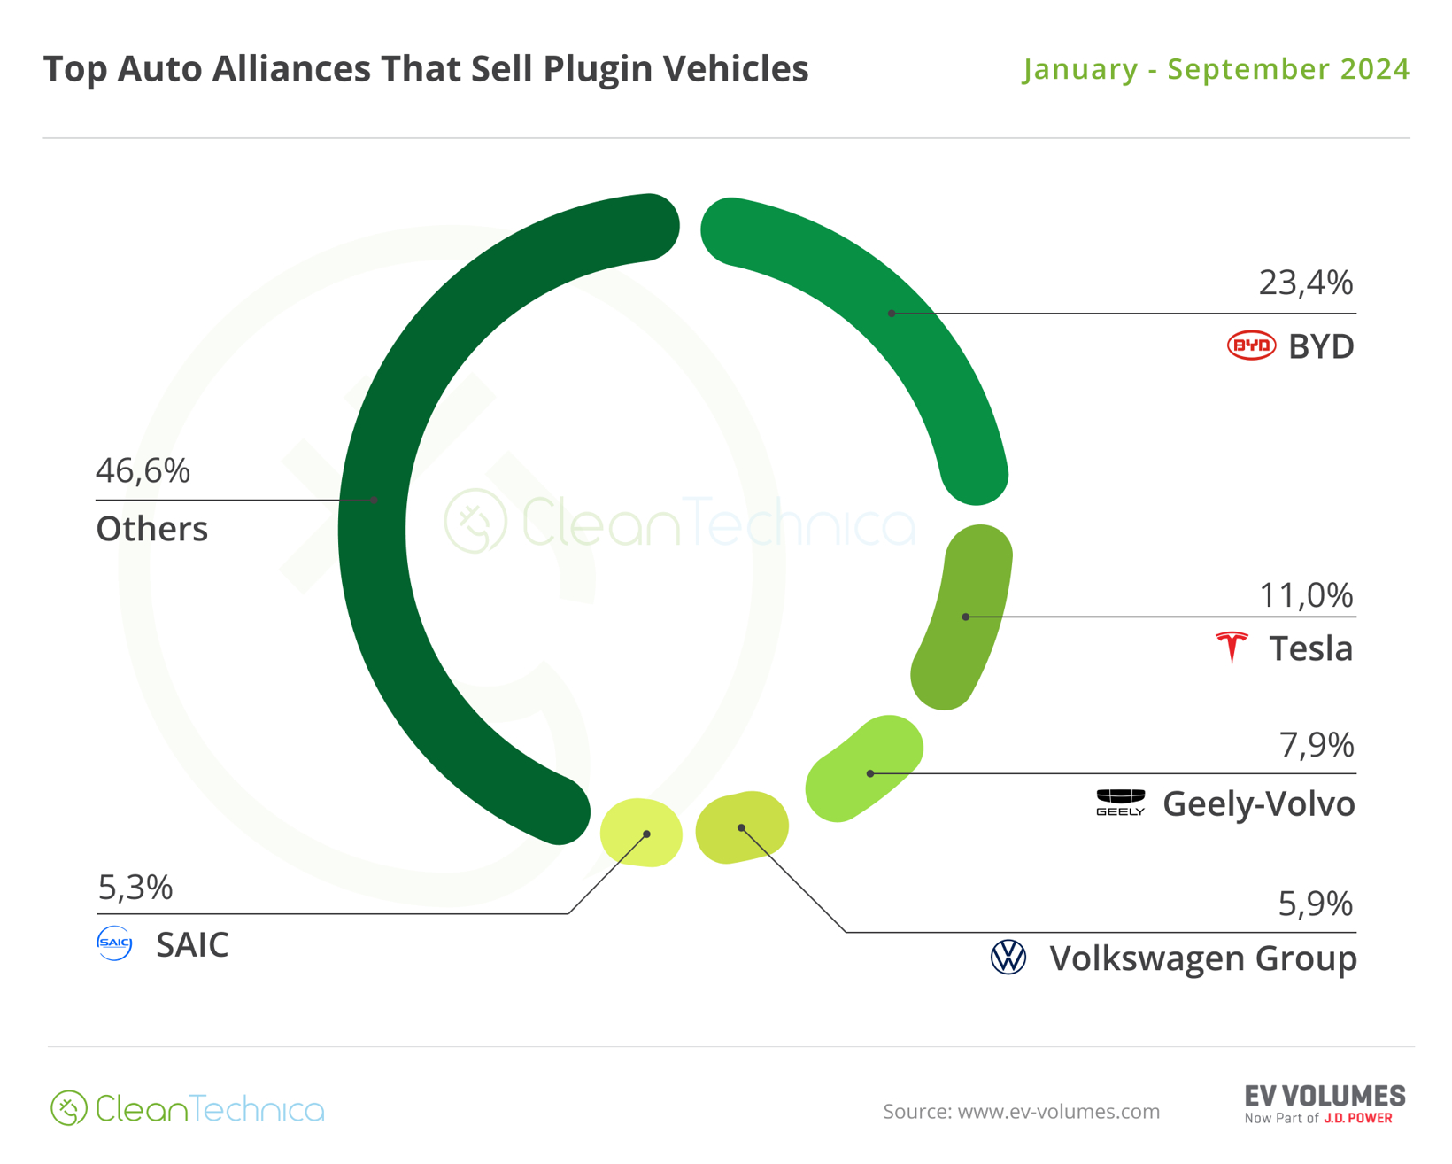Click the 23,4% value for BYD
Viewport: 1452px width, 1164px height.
click(x=1305, y=283)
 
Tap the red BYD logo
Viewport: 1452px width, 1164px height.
click(x=1250, y=345)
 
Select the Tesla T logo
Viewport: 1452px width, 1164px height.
click(x=1232, y=648)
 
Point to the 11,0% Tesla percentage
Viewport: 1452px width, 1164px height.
click(x=1306, y=595)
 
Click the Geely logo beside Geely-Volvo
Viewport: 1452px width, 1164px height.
click(x=1120, y=802)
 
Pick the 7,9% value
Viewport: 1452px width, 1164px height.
click(x=1316, y=745)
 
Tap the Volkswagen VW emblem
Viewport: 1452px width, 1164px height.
click(x=1008, y=958)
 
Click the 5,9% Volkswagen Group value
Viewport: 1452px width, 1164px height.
click(x=1315, y=904)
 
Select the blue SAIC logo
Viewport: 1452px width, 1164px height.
click(x=114, y=943)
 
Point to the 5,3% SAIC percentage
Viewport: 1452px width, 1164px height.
click(x=135, y=887)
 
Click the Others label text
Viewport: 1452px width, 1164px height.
click(x=151, y=529)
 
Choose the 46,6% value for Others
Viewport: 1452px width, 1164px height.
click(x=143, y=470)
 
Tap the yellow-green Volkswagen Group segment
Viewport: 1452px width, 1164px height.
click(x=742, y=827)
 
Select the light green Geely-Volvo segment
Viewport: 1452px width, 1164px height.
click(x=863, y=769)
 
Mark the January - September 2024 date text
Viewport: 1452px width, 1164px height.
click(x=1216, y=69)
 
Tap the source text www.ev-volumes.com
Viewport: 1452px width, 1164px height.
click(x=1021, y=1111)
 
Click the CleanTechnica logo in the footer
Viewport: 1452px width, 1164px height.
click(x=188, y=1108)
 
